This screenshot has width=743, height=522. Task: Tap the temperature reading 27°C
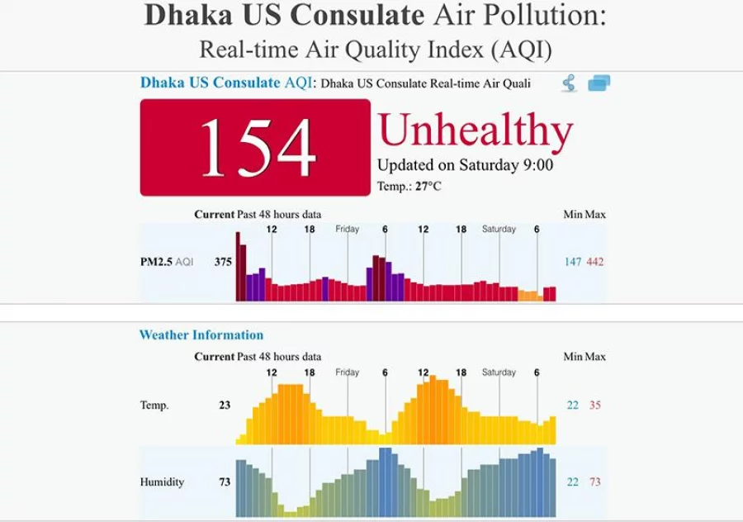pyautogui.click(x=428, y=187)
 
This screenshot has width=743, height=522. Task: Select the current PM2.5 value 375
pyautogui.click(x=223, y=263)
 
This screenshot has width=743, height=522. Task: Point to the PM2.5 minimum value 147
pyautogui.click(x=573, y=263)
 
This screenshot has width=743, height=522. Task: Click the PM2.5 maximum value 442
pyautogui.click(x=595, y=263)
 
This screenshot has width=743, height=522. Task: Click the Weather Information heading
pyautogui.click(x=201, y=335)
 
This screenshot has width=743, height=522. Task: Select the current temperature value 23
pyautogui.click(x=225, y=406)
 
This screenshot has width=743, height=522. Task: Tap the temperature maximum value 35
pyautogui.click(x=595, y=406)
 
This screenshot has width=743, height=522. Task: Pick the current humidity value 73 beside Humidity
pyautogui.click(x=225, y=482)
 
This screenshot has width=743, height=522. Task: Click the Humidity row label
pyautogui.click(x=162, y=482)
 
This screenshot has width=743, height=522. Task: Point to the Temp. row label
pyautogui.click(x=154, y=406)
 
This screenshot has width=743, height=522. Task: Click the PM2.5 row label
pyautogui.click(x=156, y=263)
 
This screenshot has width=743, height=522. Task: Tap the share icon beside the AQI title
pyautogui.click(x=569, y=83)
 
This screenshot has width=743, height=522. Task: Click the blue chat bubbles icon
pyautogui.click(x=599, y=83)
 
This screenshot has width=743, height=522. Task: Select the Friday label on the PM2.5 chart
pyautogui.click(x=348, y=230)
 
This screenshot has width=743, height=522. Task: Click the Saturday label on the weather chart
pyautogui.click(x=499, y=373)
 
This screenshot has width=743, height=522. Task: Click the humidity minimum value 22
pyautogui.click(x=573, y=482)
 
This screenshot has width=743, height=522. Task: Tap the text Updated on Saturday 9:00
pyautogui.click(x=465, y=165)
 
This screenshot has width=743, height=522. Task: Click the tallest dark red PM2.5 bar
pyautogui.click(x=239, y=267)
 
